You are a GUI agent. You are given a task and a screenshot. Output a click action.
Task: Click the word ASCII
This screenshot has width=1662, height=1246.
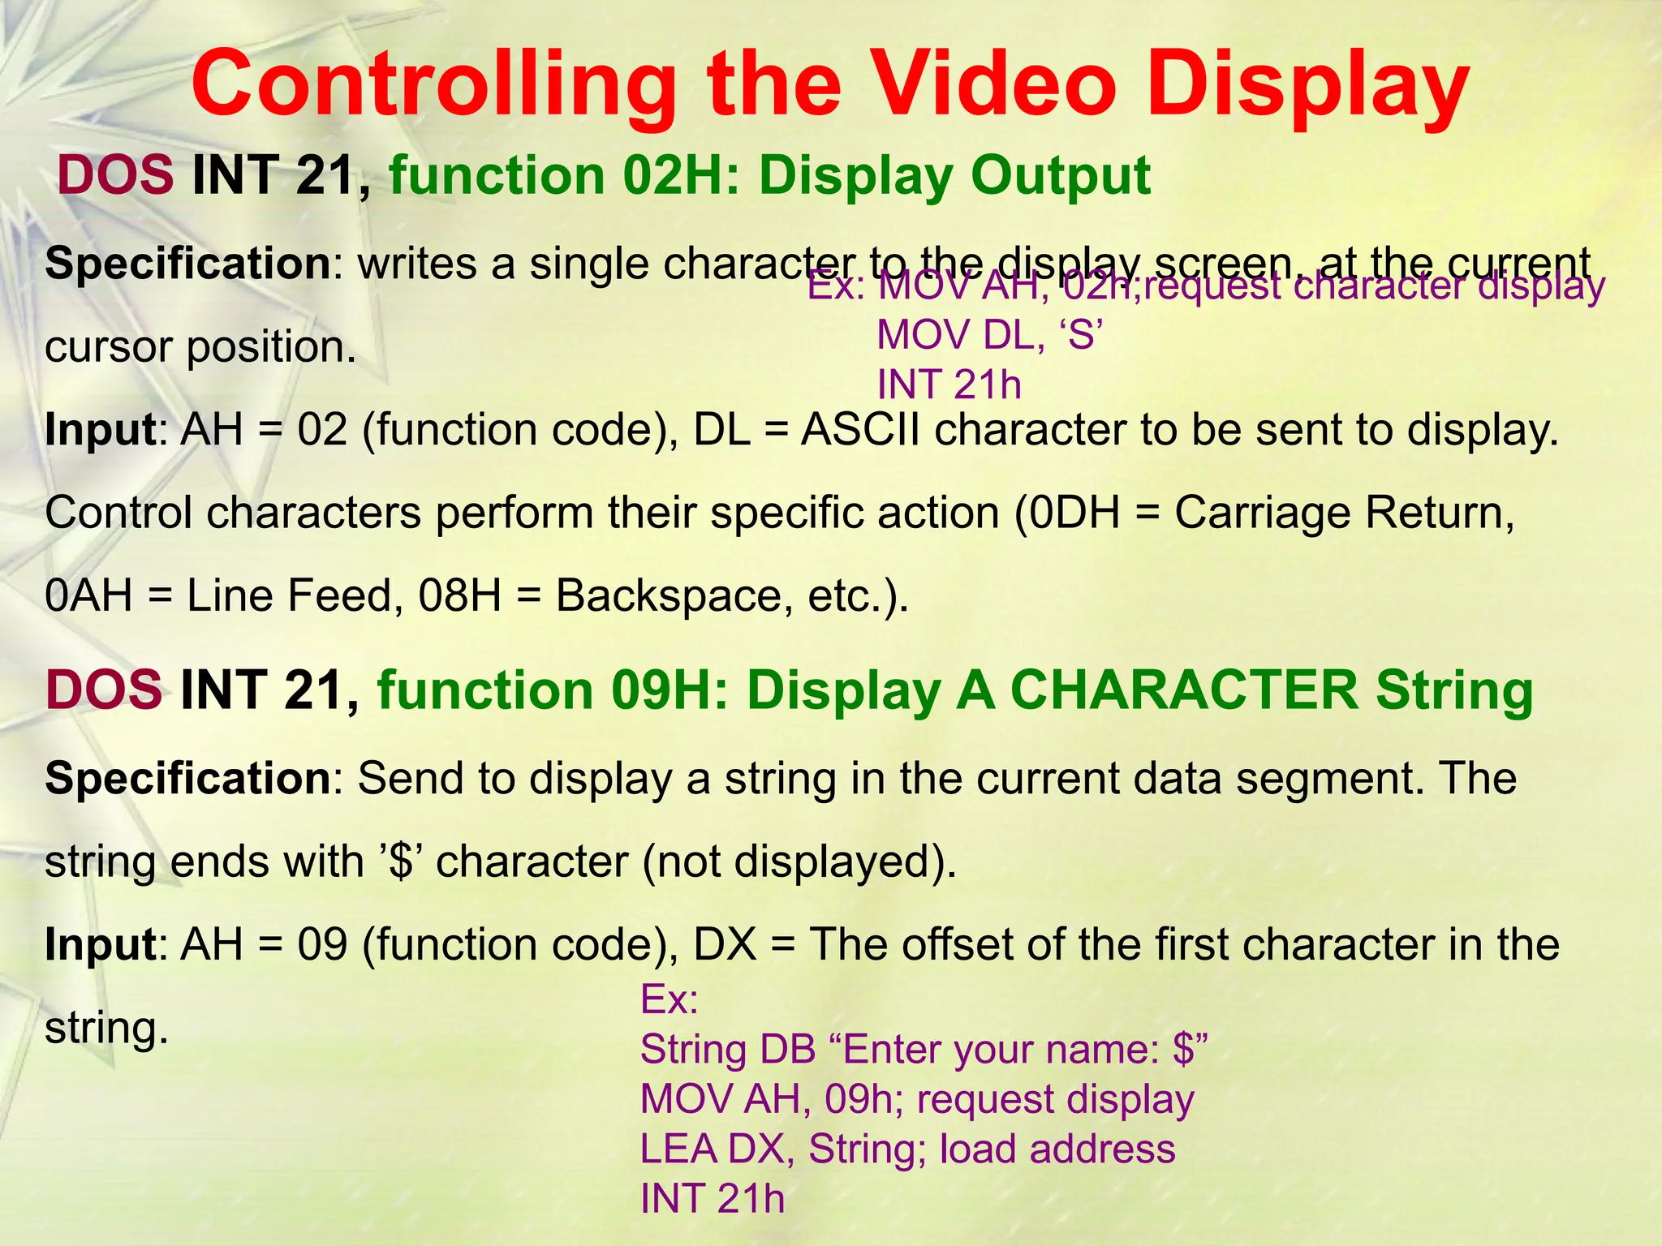click(x=860, y=430)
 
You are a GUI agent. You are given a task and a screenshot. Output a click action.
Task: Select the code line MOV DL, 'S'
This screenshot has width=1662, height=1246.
click(x=990, y=335)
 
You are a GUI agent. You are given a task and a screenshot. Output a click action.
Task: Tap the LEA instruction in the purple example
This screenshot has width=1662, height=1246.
click(x=678, y=1149)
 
